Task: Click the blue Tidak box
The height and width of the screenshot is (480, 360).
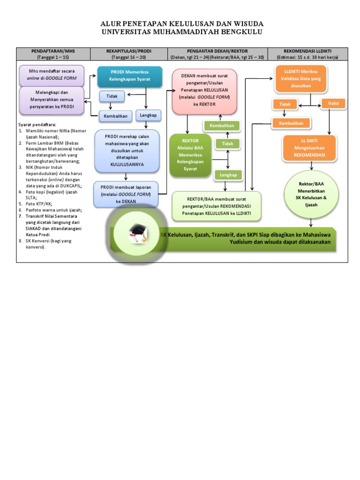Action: (112, 96)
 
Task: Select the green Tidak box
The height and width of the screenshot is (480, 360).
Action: (227, 143)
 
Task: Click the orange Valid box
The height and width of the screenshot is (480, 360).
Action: (334, 103)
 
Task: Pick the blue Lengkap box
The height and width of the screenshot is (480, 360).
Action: (148, 114)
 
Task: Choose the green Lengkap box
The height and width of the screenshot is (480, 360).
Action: (227, 175)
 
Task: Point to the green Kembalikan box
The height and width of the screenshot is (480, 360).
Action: (222, 126)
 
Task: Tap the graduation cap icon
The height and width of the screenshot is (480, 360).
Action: (138, 232)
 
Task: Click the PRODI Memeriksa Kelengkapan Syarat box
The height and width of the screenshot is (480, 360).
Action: (129, 77)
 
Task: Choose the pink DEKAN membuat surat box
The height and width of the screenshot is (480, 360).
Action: (204, 92)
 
